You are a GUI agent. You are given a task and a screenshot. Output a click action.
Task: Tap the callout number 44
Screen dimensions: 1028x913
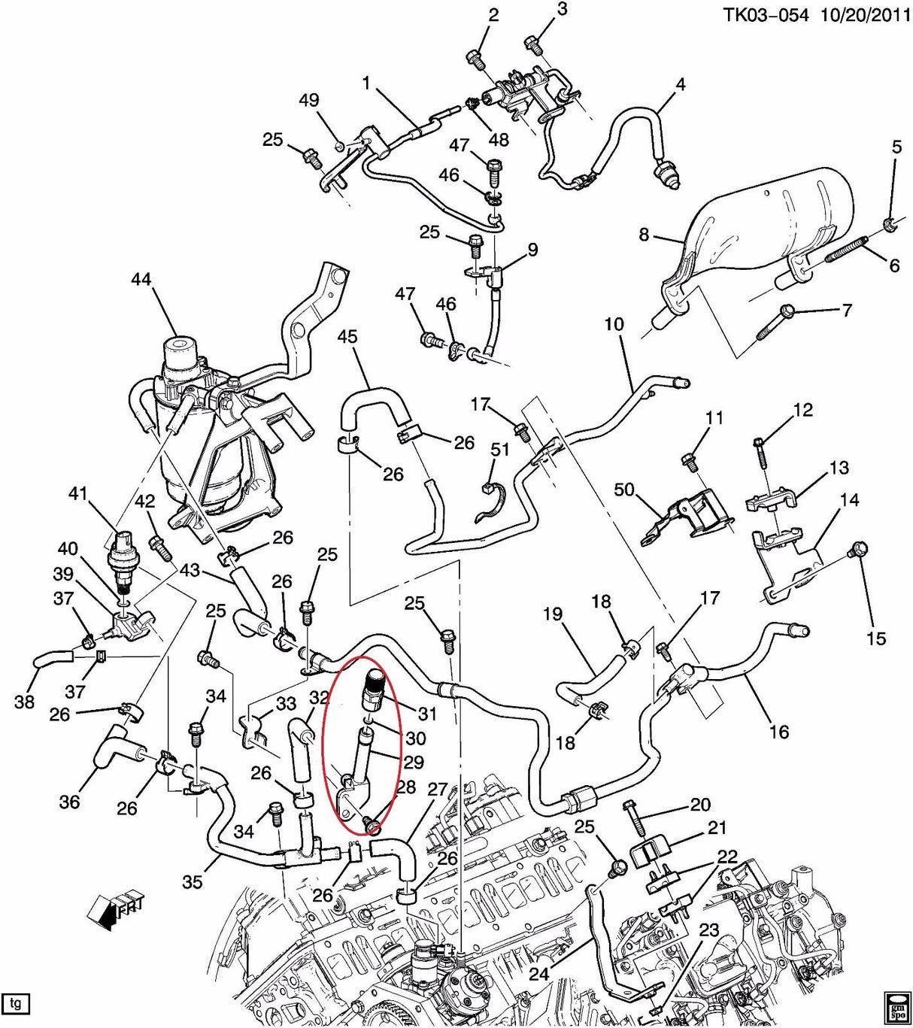[141, 280]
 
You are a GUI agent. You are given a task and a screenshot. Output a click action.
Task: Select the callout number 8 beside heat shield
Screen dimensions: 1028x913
[644, 235]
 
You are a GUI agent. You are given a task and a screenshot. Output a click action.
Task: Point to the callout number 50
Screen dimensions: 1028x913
[623, 490]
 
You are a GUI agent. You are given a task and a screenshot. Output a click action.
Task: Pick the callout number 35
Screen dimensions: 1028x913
[193, 881]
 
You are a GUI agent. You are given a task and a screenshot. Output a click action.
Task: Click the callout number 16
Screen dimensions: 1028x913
[779, 730]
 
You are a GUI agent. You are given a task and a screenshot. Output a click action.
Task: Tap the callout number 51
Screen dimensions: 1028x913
[500, 450]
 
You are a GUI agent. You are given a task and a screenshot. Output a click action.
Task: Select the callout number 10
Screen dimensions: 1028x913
[614, 325]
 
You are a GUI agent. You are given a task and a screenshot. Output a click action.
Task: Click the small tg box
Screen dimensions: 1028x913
[19, 1002]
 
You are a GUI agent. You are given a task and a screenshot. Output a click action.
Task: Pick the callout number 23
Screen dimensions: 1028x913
[708, 930]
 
